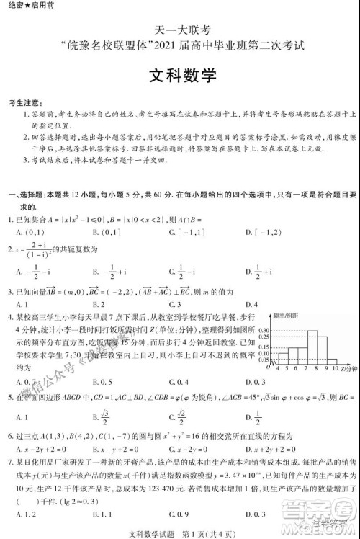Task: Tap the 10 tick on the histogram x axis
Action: point(335,369)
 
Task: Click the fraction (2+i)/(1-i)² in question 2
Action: point(31,251)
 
